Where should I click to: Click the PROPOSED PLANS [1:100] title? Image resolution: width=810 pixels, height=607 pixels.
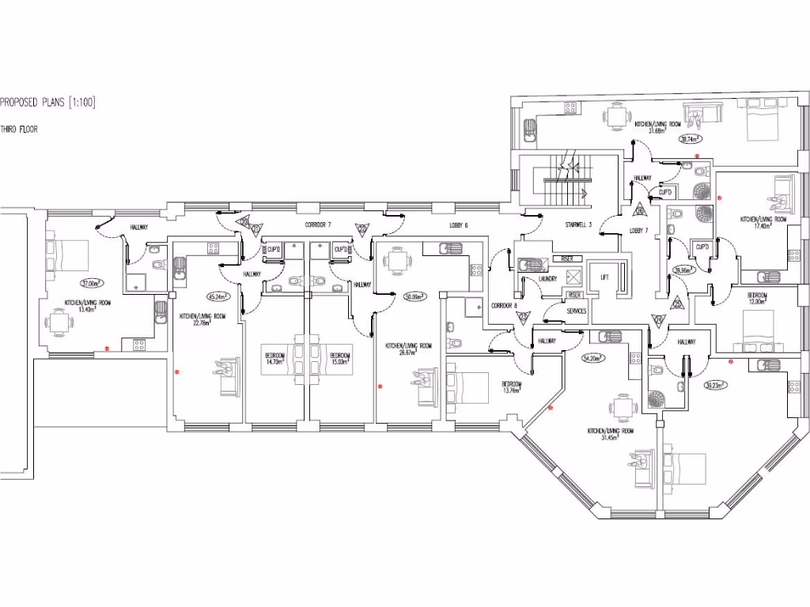tap(48, 102)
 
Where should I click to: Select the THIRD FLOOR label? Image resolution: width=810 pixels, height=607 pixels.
tap(19, 129)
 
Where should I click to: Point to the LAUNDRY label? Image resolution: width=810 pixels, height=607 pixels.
tap(545, 279)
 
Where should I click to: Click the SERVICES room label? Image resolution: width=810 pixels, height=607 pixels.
tap(577, 311)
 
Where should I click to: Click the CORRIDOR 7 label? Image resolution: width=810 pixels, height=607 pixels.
tap(318, 225)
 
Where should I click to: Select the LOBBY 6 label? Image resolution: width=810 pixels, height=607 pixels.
tap(458, 225)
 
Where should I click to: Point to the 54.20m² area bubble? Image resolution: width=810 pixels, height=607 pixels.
tap(593, 357)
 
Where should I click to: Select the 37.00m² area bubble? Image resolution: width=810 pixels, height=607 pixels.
tap(92, 282)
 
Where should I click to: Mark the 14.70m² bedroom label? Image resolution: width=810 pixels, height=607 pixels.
tap(274, 358)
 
